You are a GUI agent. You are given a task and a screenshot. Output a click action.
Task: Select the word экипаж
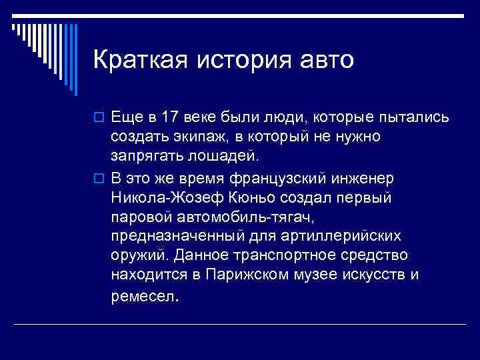(x=191, y=138)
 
